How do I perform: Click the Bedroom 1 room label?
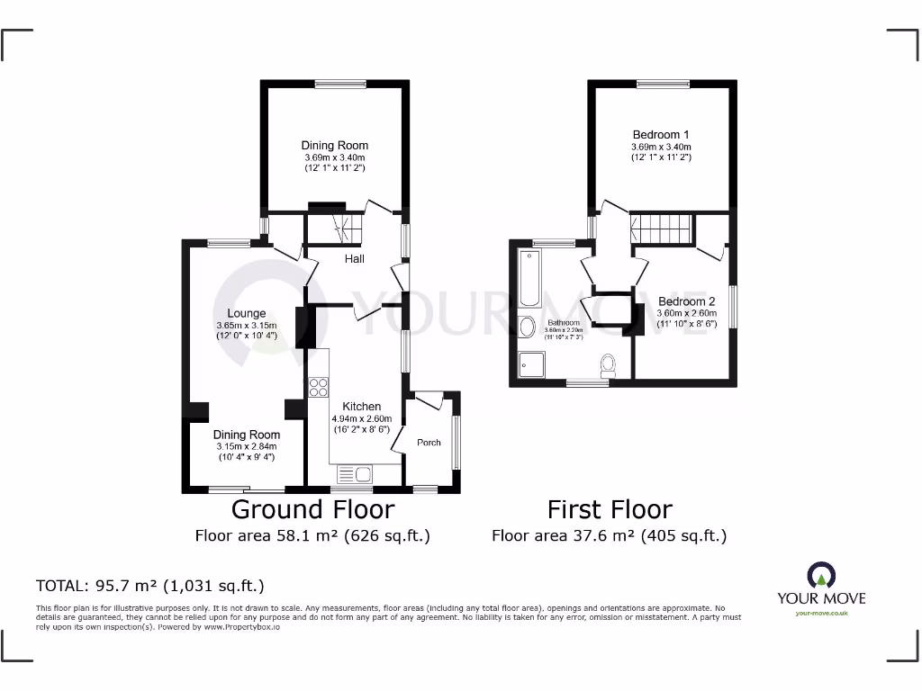[661, 135]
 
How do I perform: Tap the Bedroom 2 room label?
[686, 301]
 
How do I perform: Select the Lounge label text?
[246, 314]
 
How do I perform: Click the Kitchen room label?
[362, 407]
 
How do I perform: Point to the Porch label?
[429, 442]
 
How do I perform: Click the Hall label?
[355, 259]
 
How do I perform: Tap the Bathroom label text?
[563, 322]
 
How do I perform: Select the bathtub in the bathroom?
[528, 278]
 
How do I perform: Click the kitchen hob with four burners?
[319, 388]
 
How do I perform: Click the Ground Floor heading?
[312, 509]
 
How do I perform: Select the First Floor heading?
[610, 509]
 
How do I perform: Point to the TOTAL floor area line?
[149, 586]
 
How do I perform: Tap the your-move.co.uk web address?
[821, 614]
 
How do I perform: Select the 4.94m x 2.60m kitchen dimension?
[362, 418]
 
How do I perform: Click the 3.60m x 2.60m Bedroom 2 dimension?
[686, 313]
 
